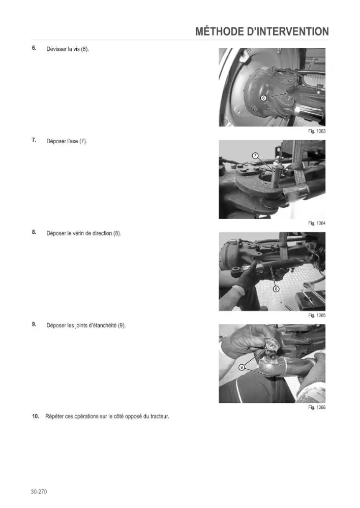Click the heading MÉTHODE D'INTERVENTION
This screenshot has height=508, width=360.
pyautogui.click(x=262, y=31)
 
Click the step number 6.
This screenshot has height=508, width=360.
pyautogui.click(x=34, y=48)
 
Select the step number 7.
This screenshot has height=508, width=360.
pyautogui.click(x=34, y=140)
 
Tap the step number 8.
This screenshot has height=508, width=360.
pyautogui.click(x=34, y=232)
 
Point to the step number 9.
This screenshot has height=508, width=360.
pyautogui.click(x=34, y=324)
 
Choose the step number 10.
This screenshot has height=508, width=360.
pyautogui.click(x=36, y=417)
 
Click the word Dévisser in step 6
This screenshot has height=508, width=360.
pyautogui.click(x=56, y=49)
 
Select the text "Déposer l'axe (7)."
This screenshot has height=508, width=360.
pyautogui.click(x=67, y=141)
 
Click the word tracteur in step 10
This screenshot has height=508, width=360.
pyautogui.click(x=159, y=417)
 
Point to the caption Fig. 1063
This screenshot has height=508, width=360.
pyautogui.click(x=317, y=131)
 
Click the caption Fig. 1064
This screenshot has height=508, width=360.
pyautogui.click(x=317, y=223)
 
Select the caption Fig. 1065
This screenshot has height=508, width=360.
pyautogui.click(x=317, y=315)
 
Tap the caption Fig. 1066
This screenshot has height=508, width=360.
pyautogui.click(x=317, y=407)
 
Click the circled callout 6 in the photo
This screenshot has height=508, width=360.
pyautogui.click(x=263, y=98)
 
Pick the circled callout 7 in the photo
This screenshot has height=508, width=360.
pyautogui.click(x=255, y=156)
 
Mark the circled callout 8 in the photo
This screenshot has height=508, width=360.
pyautogui.click(x=276, y=289)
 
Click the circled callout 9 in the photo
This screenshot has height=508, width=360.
pyautogui.click(x=242, y=367)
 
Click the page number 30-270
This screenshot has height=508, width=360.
pyautogui.click(x=39, y=492)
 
